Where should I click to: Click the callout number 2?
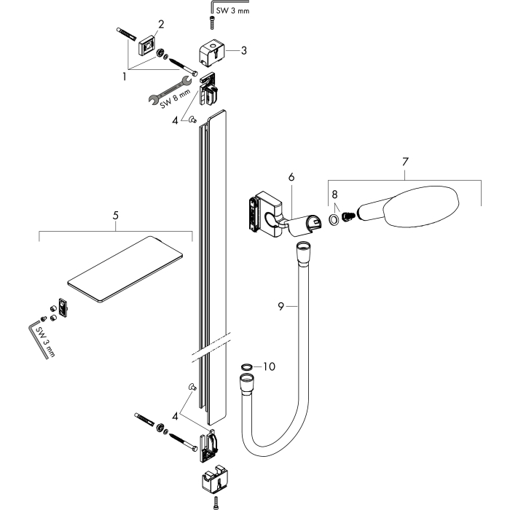161,24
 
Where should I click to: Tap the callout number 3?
243,50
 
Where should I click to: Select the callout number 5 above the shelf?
115,216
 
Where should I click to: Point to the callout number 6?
291,177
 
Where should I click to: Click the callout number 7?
405,162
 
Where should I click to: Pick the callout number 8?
334,195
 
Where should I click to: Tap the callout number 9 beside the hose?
281,306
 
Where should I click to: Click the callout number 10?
269,366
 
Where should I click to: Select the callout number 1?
125,76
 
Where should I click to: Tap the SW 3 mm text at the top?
233,11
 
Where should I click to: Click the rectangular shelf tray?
125,269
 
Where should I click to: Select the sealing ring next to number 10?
247,367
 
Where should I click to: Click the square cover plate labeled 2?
148,47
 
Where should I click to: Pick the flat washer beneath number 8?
334,220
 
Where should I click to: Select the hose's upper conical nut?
302,254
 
